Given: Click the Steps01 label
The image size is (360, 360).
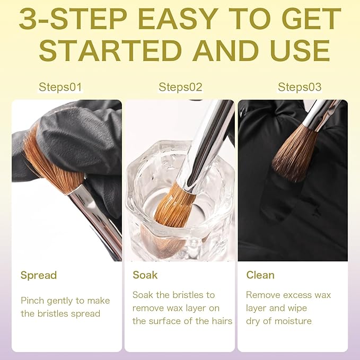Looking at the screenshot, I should coord(60,87).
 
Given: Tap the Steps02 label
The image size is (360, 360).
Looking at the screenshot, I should coord(180,87).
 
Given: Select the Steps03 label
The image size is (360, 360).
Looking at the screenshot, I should coord(300,87).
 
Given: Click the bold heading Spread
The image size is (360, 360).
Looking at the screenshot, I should coord(39,275).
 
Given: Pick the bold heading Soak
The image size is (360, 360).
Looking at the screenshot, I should coord(145,275).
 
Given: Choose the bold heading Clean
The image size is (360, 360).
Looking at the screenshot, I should coord(260,275).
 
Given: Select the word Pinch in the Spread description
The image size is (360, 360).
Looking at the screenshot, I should coord(32,301).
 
